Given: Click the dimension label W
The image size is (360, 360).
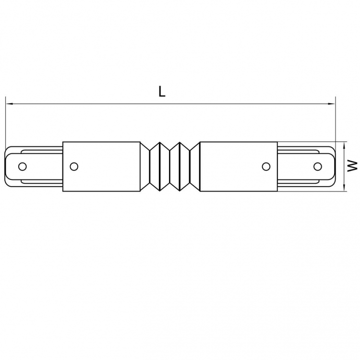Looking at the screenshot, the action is (352, 166).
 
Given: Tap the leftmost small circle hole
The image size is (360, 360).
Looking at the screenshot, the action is (22, 167).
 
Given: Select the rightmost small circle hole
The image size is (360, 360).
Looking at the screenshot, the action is (318, 167).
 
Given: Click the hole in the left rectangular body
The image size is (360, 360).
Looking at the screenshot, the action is (74, 167).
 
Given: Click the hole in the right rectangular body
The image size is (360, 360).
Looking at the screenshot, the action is (266, 167).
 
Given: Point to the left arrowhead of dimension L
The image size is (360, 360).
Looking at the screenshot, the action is (9, 104).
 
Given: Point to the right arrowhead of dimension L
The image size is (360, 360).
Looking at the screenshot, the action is (332, 104).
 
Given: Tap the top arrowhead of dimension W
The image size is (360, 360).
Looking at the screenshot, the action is (344, 145).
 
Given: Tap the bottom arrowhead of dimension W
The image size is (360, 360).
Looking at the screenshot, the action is (344, 188).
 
